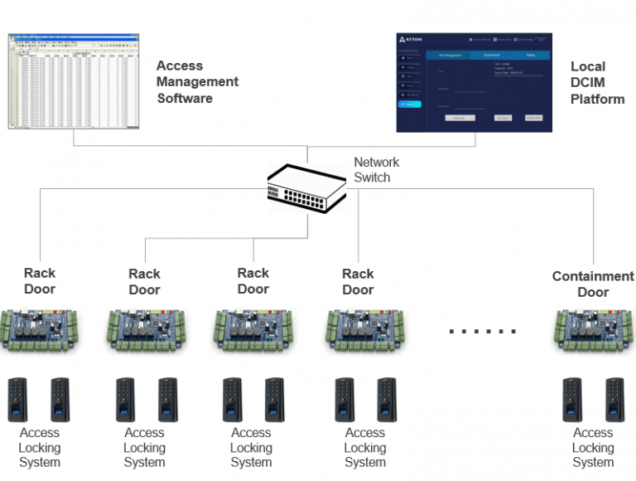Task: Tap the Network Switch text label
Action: (376, 170)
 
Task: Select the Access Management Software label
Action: (197, 82)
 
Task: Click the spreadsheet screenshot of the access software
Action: (74, 80)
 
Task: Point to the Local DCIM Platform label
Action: (597, 83)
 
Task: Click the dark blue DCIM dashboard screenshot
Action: (475, 82)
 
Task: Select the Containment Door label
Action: (593, 284)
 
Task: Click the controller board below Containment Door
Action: (593, 329)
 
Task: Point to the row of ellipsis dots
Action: (482, 331)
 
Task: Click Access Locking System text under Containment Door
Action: (593, 447)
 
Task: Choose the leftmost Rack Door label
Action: (40, 280)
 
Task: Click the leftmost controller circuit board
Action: (40, 329)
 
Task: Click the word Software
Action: (185, 99)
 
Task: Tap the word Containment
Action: (593, 276)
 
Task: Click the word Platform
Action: (597, 100)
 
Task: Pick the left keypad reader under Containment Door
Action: (572, 399)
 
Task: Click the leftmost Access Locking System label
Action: (40, 447)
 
